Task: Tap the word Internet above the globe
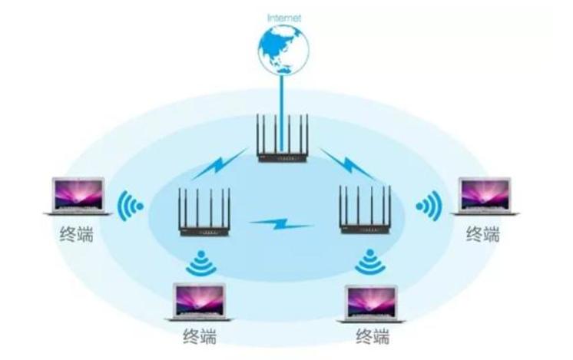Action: click(284, 16)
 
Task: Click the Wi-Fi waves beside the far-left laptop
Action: click(133, 206)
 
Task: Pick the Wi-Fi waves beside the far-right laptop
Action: click(428, 206)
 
